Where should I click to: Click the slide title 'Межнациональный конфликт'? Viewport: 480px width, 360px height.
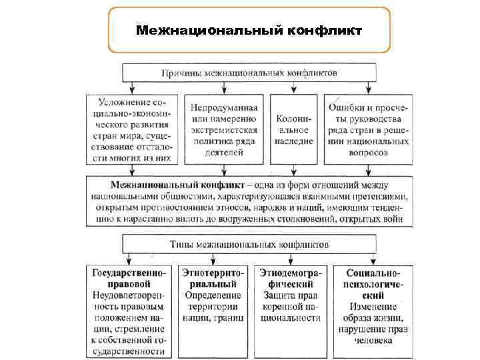[x=248, y=31]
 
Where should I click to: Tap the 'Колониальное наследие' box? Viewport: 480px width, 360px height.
[x=294, y=129]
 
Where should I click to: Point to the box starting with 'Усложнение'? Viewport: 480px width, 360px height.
[x=133, y=129]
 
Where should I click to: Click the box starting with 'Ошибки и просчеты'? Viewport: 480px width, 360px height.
[x=367, y=129]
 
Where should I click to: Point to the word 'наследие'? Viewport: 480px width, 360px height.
[x=294, y=142]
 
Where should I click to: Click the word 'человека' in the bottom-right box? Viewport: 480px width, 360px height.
[x=373, y=341]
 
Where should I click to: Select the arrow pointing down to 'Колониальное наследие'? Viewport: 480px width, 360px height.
[x=294, y=87]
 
